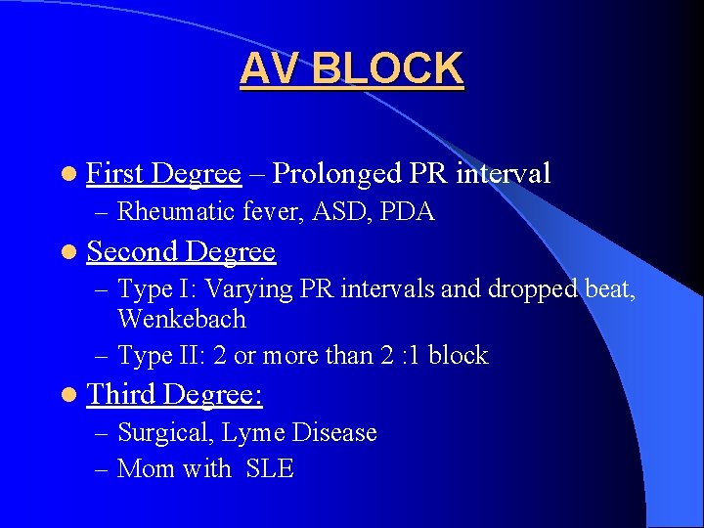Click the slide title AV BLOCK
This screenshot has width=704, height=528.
352,69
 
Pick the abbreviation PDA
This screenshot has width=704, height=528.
408,211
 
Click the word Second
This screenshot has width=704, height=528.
132,251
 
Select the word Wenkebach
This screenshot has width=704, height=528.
182,319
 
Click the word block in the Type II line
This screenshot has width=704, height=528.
457,356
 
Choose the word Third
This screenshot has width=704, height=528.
122,394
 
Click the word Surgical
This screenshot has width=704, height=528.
159,432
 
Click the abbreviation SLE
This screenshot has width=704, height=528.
270,469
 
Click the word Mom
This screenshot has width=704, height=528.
146,469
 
